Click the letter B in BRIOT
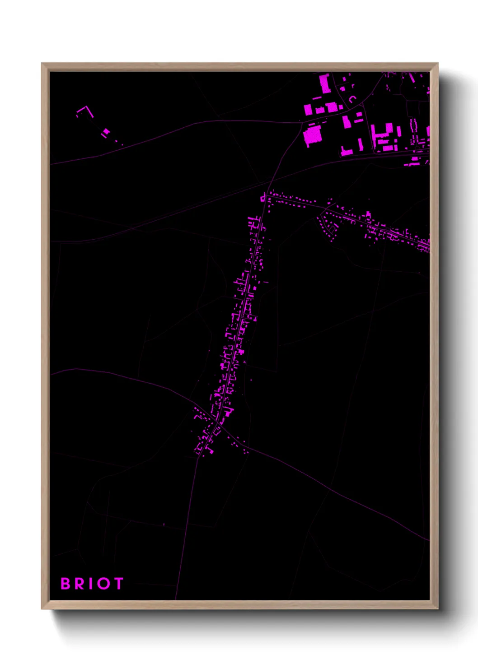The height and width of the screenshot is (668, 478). (66, 584)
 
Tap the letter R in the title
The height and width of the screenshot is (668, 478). (80, 584)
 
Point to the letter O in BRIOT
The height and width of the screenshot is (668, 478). (103, 584)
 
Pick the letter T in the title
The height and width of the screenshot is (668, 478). (118, 584)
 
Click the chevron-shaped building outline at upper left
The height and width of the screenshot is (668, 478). (84, 110)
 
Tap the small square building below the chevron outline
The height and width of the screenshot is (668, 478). (106, 131)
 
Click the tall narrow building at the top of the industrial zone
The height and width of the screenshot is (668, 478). (324, 83)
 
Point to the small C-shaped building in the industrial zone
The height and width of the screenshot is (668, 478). (352, 99)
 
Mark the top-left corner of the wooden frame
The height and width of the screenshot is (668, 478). (42, 64)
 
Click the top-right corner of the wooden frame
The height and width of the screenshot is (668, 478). (437, 64)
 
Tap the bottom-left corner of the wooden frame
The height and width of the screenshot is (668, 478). (42, 608)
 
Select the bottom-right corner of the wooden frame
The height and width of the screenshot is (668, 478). (437, 608)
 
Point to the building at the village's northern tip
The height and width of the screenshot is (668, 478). (262, 197)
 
